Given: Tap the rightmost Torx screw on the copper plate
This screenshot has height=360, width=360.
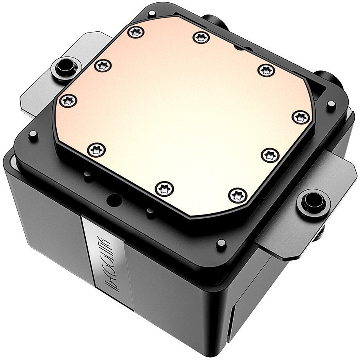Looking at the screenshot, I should pos(299,117).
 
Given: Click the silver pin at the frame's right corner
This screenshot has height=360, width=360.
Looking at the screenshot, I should pos(331,104).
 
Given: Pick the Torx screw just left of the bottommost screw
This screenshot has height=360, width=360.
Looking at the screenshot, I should pos(163,188).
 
